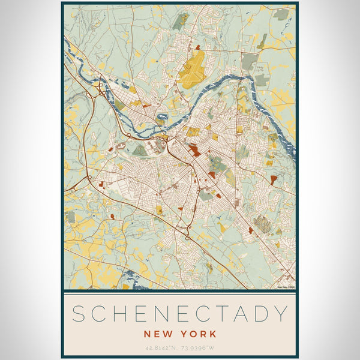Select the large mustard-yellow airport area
[192, 65]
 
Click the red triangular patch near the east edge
[274, 179]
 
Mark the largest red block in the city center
[193, 149]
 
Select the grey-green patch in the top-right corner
[281, 13]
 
